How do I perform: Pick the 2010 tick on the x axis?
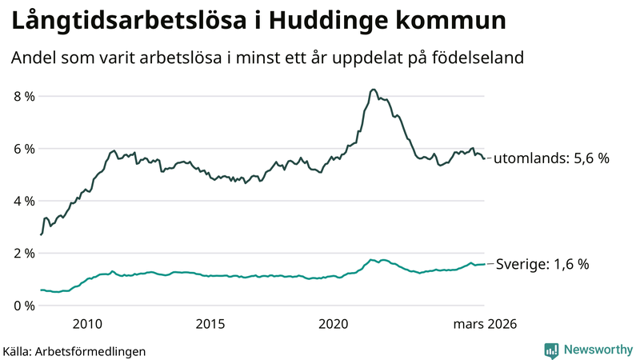[x=87, y=324]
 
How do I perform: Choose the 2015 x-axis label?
[x=210, y=324]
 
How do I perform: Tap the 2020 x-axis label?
[x=334, y=324]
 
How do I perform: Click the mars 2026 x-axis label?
[x=485, y=324]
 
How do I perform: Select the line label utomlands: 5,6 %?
[x=551, y=158]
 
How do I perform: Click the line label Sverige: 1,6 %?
[x=543, y=264]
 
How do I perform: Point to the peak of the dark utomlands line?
[x=374, y=90]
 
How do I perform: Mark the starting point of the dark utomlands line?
[x=41, y=234]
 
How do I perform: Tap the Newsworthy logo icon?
[x=551, y=350]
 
